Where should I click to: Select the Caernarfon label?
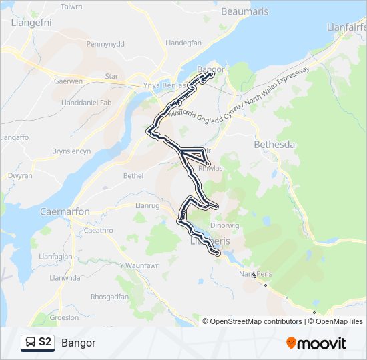point(65,211)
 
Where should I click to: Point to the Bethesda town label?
point(274,144)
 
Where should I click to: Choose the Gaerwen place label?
point(67,81)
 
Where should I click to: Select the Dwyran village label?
point(20,176)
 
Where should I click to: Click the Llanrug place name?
point(146,205)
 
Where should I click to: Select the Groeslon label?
point(64,318)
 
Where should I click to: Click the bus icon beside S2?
point(30,343)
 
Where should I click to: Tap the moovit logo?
point(316,343)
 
